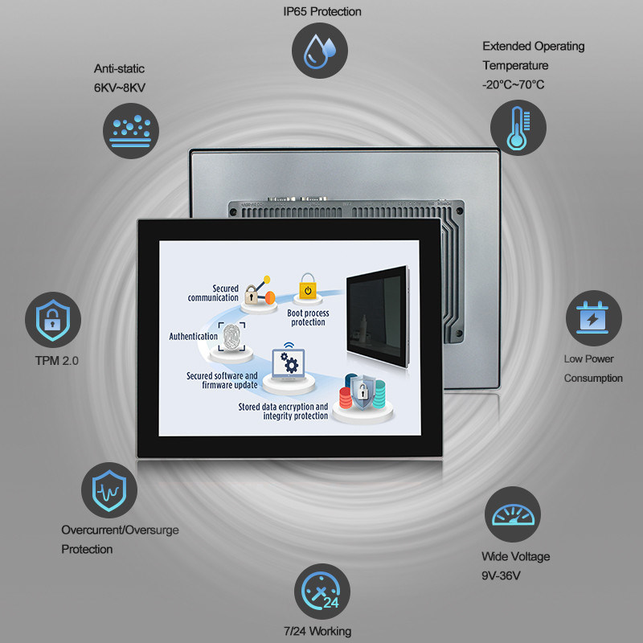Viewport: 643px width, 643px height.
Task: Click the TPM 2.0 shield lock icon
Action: point(53,319)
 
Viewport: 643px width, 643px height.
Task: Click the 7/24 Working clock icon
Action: point(321,592)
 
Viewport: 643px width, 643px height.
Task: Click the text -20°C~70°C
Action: point(514,84)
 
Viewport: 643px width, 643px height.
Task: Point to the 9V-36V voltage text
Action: point(505,575)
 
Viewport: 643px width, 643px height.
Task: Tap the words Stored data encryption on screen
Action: point(283,408)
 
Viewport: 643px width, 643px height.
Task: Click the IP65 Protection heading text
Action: point(321,11)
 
